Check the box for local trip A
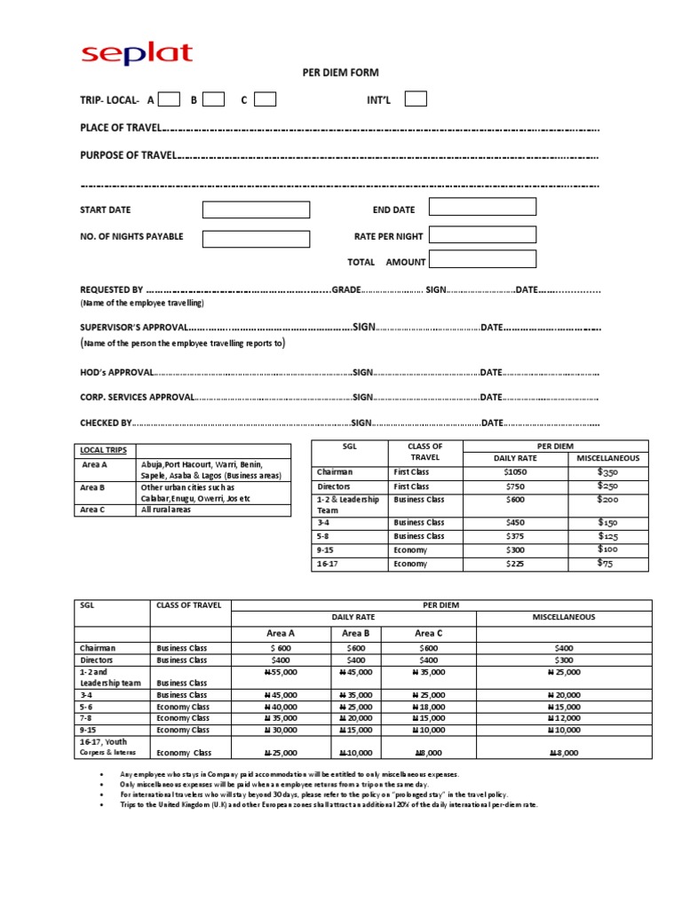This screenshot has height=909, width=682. [x=170, y=99]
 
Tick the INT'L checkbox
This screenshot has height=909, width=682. [x=416, y=99]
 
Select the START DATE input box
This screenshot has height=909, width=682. [x=256, y=209]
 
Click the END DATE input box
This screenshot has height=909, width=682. [x=482, y=207]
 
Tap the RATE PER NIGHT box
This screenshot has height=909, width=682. [x=482, y=234]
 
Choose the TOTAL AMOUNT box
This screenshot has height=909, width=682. [x=482, y=259]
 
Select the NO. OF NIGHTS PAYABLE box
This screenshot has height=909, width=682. [x=256, y=238]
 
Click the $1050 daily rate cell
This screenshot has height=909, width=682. [x=515, y=472]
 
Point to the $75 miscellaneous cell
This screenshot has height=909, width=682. [x=606, y=563]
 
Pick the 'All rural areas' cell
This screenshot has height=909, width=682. [x=165, y=510]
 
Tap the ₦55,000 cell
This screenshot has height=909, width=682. [x=281, y=672]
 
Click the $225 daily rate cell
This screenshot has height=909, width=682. [x=515, y=564]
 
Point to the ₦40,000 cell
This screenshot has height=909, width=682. [x=281, y=707]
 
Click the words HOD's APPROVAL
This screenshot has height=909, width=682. [x=117, y=372]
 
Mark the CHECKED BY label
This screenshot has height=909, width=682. [x=106, y=423]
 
